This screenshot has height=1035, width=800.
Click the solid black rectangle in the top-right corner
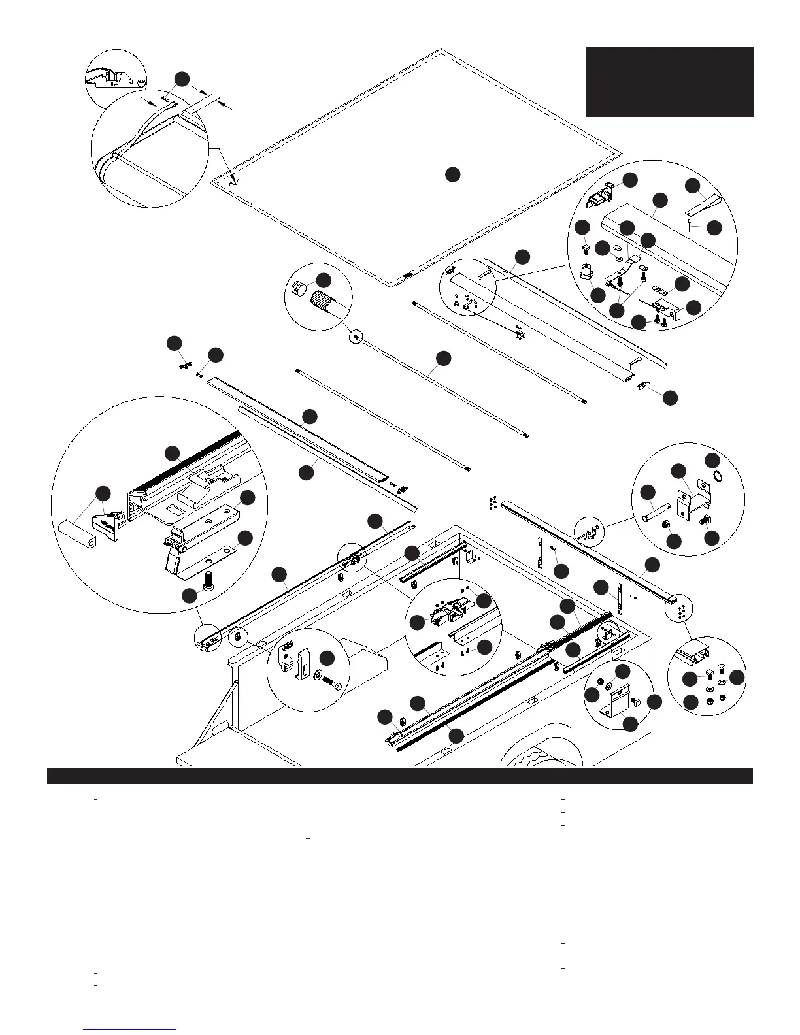click(669, 82)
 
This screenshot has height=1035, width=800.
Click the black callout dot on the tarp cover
click(452, 174)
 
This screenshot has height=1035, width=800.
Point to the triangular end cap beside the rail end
click(107, 523)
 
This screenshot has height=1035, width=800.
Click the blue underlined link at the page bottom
click(130, 1029)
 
